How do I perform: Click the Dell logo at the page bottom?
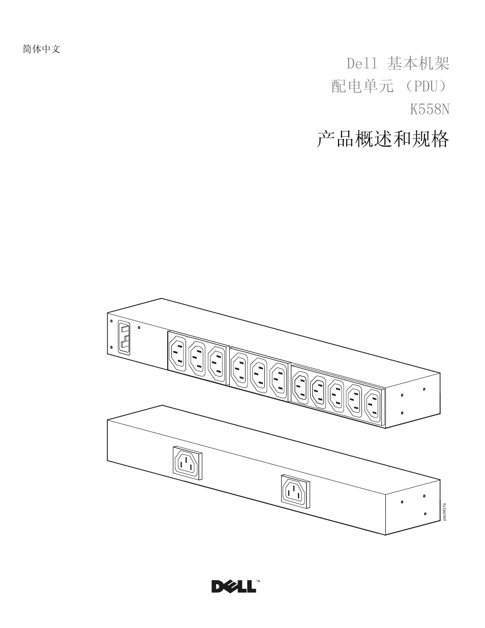(234, 586)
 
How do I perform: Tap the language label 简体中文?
(42, 49)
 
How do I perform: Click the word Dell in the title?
(362, 64)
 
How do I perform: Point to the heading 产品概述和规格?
(383, 139)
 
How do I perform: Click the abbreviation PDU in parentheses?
(423, 86)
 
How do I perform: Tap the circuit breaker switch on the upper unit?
(124, 337)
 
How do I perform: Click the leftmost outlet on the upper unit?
(177, 350)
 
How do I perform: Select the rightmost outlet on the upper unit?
(373, 406)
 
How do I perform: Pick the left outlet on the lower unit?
(187, 463)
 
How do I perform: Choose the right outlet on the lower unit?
(295, 491)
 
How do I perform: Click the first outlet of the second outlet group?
(239, 370)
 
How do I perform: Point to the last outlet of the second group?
(279, 380)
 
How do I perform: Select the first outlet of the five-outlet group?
(300, 385)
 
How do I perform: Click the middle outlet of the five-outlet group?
(337, 396)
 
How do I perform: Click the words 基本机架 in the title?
(418, 64)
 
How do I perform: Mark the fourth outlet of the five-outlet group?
(355, 401)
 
